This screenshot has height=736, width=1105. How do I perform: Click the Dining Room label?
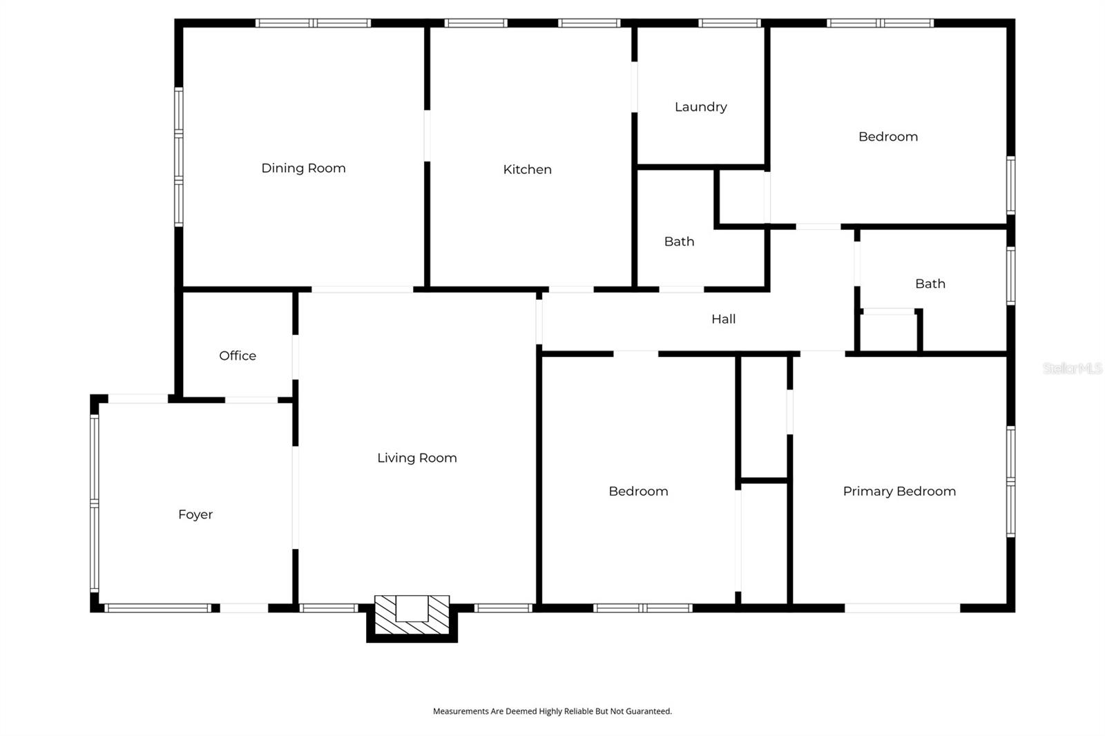pos(303,168)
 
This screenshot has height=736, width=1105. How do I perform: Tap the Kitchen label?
pos(528,169)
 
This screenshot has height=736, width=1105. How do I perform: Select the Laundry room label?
pos(700,107)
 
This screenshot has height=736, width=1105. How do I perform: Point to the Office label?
pos(238,356)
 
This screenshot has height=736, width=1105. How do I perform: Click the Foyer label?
pos(195,514)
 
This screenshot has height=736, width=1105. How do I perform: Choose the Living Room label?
pos(417,458)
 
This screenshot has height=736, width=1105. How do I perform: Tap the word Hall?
pos(723,319)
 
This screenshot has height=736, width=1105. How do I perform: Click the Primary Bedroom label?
pos(899,492)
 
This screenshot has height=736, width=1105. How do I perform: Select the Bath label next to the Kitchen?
pos(679,242)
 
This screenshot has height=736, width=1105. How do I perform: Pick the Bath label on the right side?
pos(930,284)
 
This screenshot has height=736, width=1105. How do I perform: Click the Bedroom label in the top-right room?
pos(888,137)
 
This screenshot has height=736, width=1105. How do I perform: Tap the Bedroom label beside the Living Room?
pos(638,492)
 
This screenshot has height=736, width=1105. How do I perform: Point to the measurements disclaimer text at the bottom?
pos(552,711)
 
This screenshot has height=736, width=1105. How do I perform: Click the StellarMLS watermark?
pos(1073,368)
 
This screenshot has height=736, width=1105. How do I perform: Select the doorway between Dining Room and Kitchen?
pos(427,135)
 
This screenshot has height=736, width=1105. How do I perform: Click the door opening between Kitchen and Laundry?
pos(635,87)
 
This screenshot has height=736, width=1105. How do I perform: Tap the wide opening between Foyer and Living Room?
pos(296,498)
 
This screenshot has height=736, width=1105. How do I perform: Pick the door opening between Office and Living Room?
pos(296,357)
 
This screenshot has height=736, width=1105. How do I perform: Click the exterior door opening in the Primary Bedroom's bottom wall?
pos(902,608)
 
